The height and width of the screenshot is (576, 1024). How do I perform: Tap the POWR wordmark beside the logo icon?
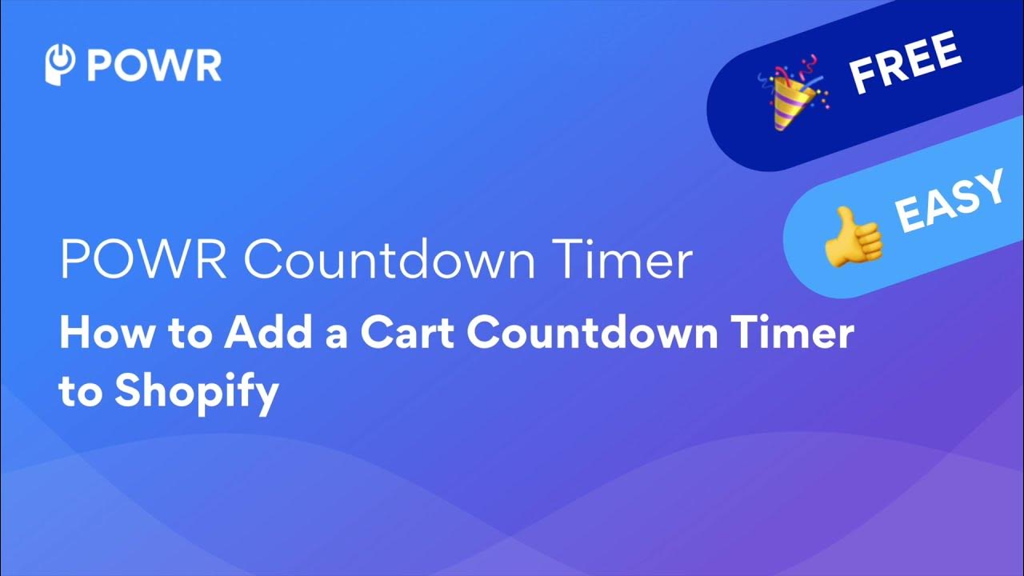(x=154, y=66)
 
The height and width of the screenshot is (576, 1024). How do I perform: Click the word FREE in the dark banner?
(x=905, y=64)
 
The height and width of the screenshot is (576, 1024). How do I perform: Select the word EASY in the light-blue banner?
(x=949, y=203)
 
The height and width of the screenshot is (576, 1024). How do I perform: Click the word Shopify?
(x=196, y=392)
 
